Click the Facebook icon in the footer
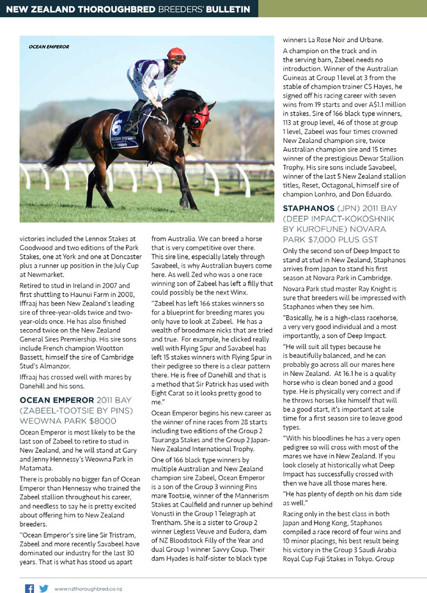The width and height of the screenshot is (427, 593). (29, 588)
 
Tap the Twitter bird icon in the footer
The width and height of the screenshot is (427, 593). (43, 588)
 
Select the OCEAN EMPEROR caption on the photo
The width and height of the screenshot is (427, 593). (49, 47)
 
